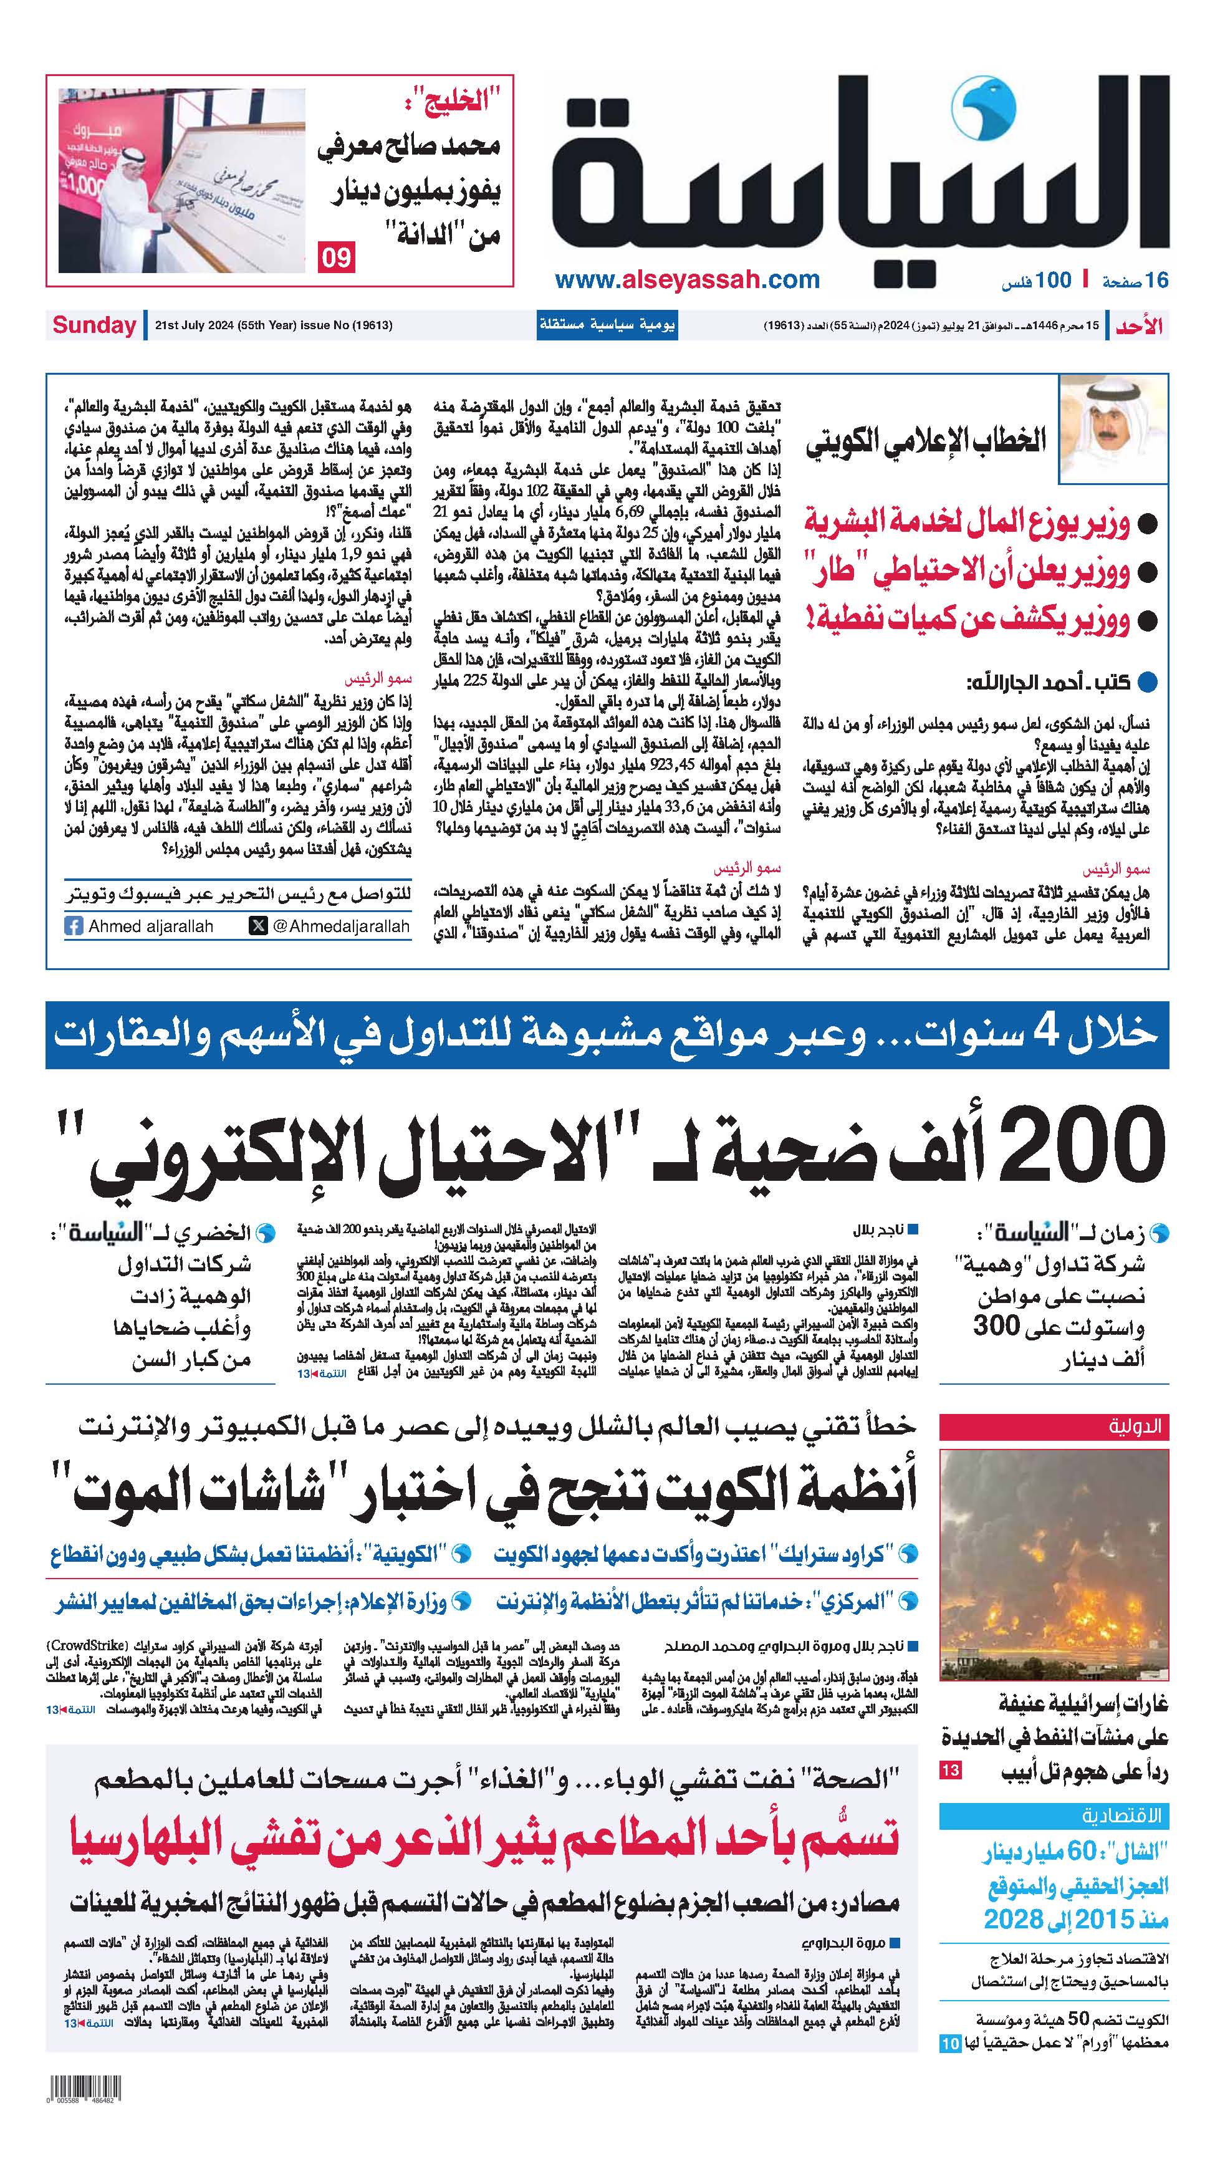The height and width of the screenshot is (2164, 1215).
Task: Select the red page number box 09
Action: pos(336,256)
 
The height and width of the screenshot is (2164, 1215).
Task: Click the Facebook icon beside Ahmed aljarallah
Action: pos(74,926)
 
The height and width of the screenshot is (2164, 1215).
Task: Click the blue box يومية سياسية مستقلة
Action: pos(607,325)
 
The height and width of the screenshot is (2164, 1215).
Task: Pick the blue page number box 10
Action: pos(949,2044)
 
